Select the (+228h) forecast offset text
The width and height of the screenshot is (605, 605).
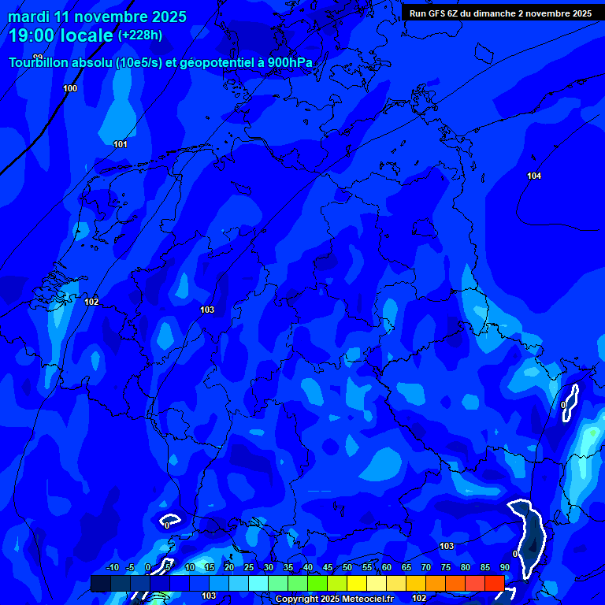pos(140,35)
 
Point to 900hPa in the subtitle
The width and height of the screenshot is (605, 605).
pos(291,63)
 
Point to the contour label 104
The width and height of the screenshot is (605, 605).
pos(534,176)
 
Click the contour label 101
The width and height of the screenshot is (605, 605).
pos(121,144)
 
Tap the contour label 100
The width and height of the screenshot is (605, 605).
pos(70,88)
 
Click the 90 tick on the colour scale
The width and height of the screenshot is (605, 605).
pos(505,568)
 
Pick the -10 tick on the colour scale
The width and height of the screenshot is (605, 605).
pos(112,568)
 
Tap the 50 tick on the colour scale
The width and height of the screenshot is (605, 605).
pos(347,568)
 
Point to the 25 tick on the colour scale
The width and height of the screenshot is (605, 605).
pos(249,568)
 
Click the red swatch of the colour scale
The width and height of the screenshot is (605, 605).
pos(494,583)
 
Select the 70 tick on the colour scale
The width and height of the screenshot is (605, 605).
pos(426,568)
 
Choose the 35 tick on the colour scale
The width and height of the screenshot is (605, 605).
pos(288,568)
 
